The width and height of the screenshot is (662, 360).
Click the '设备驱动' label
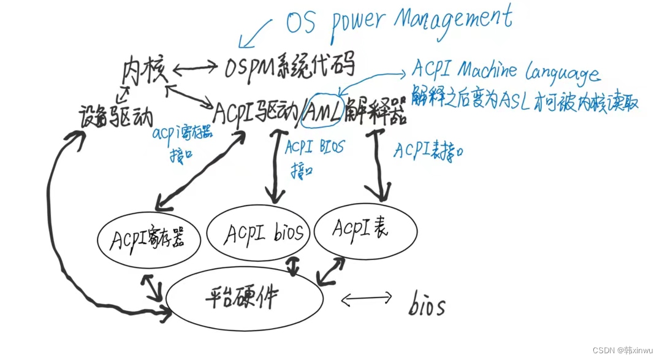tap(116, 115)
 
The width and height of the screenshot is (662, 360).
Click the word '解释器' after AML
tap(375, 112)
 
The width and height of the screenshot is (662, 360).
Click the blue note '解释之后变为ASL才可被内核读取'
tap(525, 100)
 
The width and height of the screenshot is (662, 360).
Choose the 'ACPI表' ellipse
tap(365, 230)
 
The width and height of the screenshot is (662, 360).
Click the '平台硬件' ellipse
tap(245, 298)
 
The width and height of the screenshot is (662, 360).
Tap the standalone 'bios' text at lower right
tap(427, 305)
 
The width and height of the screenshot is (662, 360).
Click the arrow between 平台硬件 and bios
tap(367, 299)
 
